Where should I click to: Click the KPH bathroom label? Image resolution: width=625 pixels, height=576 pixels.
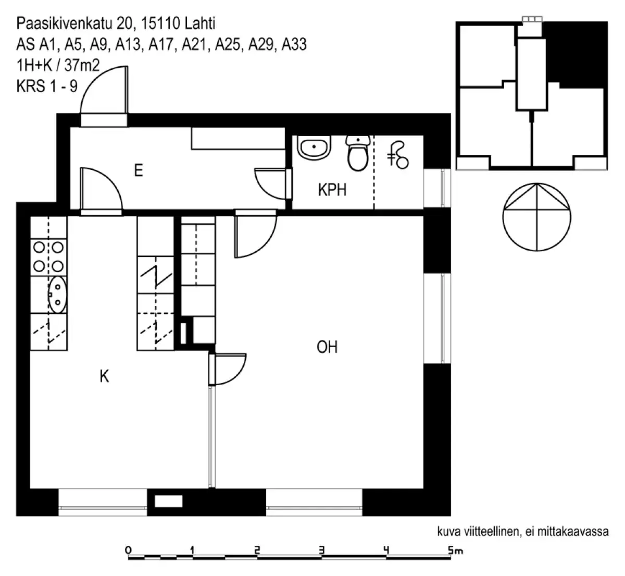tap(332, 190)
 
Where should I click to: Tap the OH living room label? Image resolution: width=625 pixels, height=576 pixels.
tap(327, 347)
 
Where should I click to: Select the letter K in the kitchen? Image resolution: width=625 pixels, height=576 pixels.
tap(104, 376)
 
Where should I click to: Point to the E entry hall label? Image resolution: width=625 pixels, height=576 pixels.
tap(138, 170)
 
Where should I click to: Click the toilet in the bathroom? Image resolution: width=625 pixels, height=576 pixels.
tap(357, 154)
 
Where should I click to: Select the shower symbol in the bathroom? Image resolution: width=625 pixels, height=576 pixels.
tap(399, 155)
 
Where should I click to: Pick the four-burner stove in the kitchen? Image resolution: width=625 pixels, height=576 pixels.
tap(48, 256)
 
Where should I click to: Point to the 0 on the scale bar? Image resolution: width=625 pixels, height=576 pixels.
tap(128, 549)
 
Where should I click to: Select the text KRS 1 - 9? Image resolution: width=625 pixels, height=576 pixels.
tap(47, 86)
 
